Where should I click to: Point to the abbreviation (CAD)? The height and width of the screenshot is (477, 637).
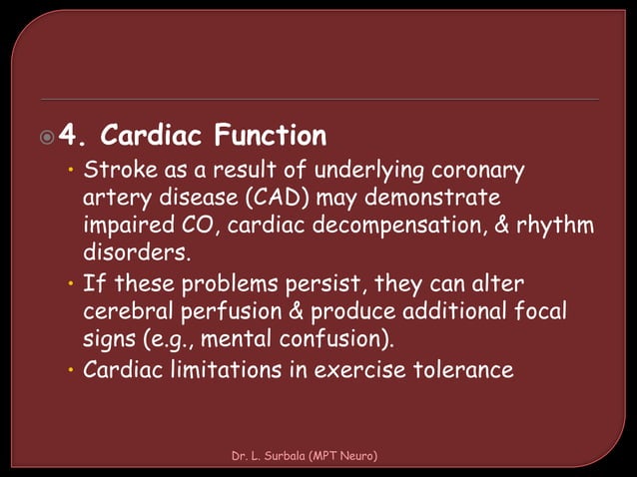pyautogui.click(x=295, y=198)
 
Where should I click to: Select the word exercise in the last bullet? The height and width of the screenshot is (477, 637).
pyautogui.click(x=357, y=370)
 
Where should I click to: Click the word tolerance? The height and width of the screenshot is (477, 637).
pyautogui.click(x=461, y=370)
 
